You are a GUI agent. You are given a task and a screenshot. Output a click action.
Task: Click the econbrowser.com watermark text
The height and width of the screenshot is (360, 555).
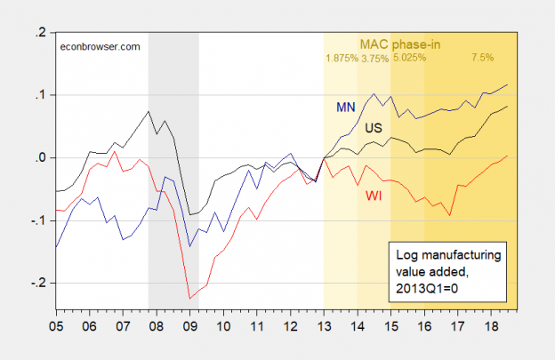pos(100,46)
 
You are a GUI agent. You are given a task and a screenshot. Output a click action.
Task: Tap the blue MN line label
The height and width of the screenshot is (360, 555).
pos(346,108)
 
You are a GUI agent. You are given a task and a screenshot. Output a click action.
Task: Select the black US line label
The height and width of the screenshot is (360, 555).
pos(375,128)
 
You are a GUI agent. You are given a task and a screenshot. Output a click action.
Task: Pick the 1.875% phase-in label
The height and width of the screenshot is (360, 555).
pos(342,59)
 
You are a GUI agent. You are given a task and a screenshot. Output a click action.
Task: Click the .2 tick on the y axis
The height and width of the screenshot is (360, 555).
pos(40,32)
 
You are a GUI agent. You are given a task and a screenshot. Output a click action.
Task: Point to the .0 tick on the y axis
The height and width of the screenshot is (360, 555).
pos(40,157)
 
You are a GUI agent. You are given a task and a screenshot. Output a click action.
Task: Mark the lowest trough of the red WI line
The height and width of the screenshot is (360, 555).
pos(189,298)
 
